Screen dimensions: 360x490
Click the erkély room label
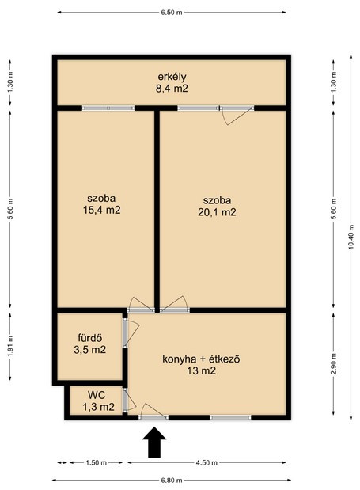coord(172,77)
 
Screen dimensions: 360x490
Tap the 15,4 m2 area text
coord(101,210)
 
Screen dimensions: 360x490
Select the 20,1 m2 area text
coord(217,212)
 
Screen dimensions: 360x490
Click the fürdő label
coord(90,338)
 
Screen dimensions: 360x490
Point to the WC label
coord(97,395)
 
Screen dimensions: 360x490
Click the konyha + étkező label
coord(201,359)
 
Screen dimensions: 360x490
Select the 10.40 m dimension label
coord(351,237)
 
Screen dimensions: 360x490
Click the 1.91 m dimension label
coord(10,346)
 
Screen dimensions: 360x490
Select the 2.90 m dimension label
coord(333,364)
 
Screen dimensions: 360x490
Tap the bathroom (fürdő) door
coord(131,332)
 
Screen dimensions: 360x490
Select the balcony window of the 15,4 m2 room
coord(108,108)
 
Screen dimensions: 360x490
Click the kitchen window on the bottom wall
coord(230,417)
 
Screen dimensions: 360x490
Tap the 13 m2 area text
coord(202,371)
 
